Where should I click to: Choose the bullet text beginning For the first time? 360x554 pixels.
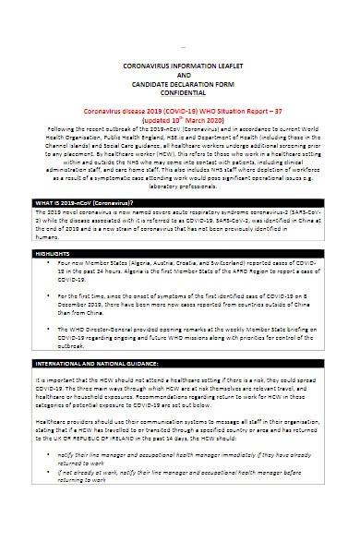[185, 299]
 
